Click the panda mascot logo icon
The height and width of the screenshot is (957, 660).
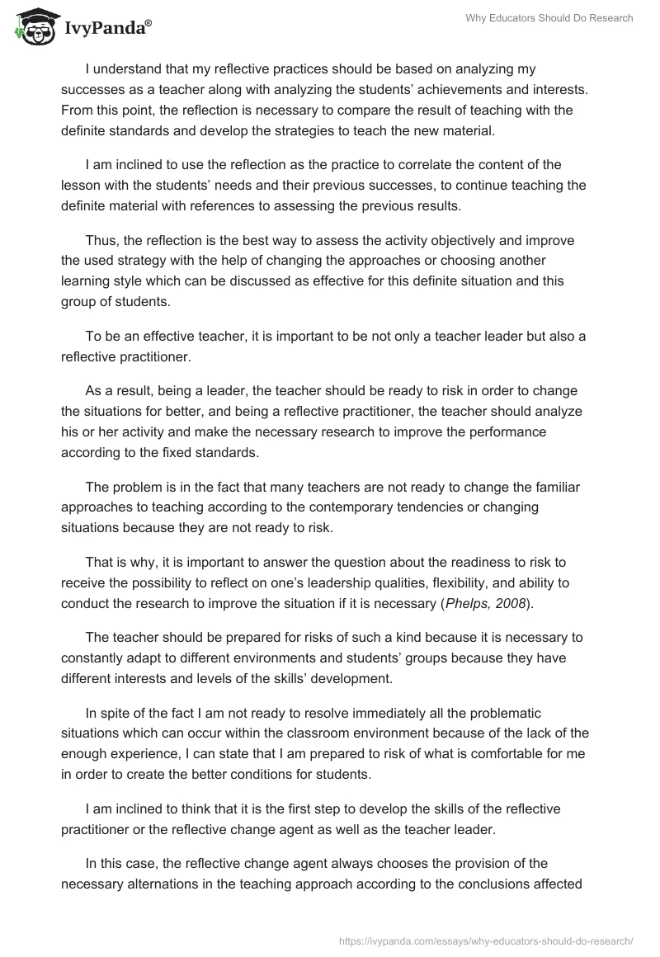(x=31, y=27)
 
